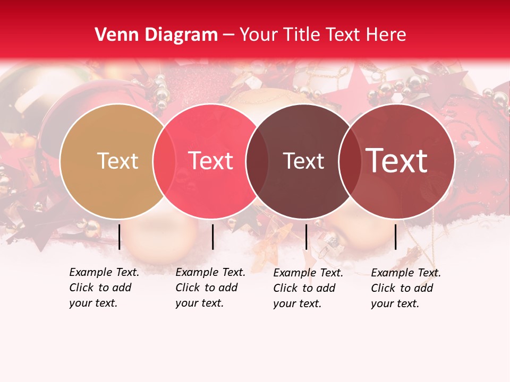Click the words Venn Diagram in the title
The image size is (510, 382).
[x=156, y=35]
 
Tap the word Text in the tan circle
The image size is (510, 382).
[x=117, y=161]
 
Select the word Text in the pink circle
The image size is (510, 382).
[x=210, y=161]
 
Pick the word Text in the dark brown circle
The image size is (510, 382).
[x=303, y=161]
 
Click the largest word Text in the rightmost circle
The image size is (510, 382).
[x=397, y=161]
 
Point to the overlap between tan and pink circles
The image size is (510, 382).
[x=164, y=161]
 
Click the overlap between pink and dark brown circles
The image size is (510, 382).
[x=257, y=161]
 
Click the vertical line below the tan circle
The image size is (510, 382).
[x=120, y=237]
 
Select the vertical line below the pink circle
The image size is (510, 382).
[x=212, y=237]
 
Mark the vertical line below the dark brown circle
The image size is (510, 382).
[x=306, y=237]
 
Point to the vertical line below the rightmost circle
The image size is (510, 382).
[x=395, y=237]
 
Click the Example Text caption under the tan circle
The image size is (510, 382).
[x=104, y=288]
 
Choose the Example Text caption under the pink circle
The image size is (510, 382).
[x=210, y=288]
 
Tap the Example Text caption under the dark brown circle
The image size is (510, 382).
[x=308, y=288]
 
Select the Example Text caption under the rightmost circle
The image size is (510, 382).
[x=406, y=288]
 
